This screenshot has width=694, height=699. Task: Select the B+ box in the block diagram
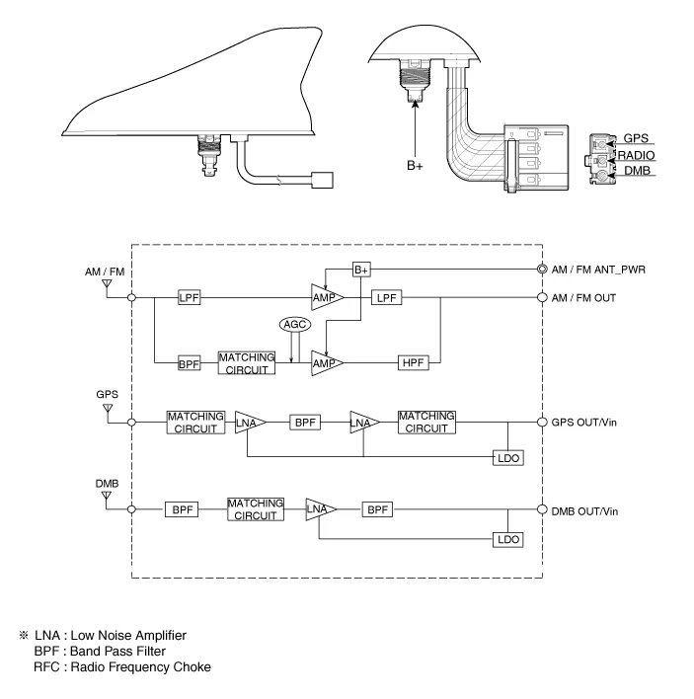tap(360, 269)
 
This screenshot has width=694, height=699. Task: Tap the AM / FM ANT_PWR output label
tap(605, 270)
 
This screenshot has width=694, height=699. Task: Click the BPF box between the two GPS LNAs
tap(303, 422)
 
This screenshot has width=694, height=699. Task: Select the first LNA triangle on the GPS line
tap(250, 422)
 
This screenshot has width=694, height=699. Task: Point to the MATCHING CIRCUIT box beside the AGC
tap(245, 362)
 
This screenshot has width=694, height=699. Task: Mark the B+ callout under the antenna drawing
tap(415, 167)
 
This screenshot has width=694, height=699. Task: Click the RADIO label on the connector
tap(635, 156)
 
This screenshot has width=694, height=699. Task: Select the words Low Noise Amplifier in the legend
tap(133, 633)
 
